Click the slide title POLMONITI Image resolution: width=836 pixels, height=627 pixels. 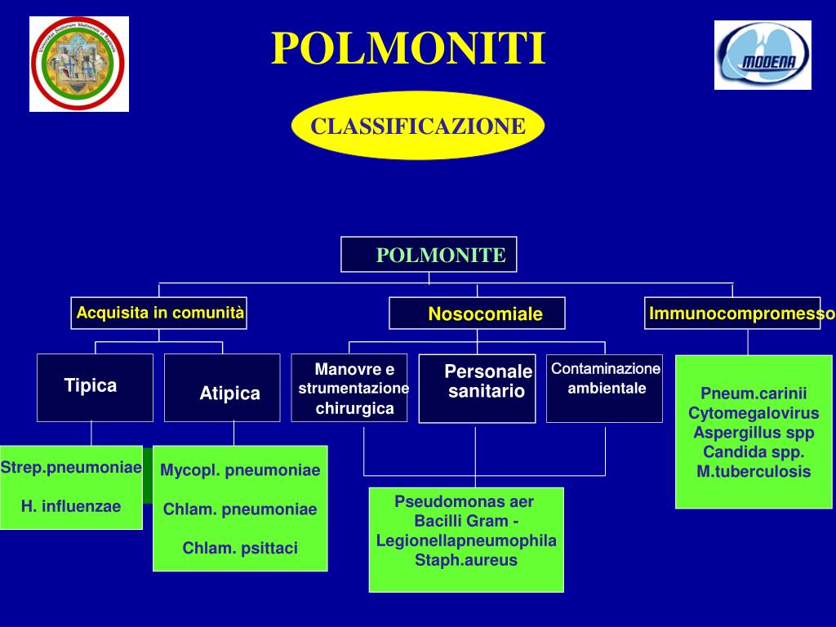[x=408, y=49]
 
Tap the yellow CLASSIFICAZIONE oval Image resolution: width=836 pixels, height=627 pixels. [x=417, y=126]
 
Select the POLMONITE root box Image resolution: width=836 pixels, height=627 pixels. [x=429, y=254]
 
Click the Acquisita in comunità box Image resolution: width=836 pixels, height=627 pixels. [x=159, y=313]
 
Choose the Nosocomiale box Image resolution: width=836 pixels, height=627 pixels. [x=478, y=313]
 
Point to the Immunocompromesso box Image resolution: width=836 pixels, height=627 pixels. [x=732, y=313]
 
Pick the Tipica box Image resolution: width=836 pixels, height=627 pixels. [x=95, y=387]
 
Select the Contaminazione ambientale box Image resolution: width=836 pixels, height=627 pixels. [x=604, y=388]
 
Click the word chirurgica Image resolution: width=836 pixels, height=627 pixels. [x=355, y=408]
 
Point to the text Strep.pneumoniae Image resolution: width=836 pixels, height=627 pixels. [x=71, y=468]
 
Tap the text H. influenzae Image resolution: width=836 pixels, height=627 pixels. [x=71, y=506]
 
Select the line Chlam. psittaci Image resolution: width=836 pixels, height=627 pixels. [x=240, y=548]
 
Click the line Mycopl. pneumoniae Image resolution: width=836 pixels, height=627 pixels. [x=240, y=470]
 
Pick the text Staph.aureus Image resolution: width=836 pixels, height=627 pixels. [x=466, y=560]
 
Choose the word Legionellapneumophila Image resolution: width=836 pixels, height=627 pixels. [x=466, y=540]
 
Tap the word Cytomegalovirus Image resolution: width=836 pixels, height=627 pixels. [x=754, y=413]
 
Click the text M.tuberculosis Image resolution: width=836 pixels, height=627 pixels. [x=754, y=471]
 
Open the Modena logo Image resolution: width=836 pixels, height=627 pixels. [x=763, y=55]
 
